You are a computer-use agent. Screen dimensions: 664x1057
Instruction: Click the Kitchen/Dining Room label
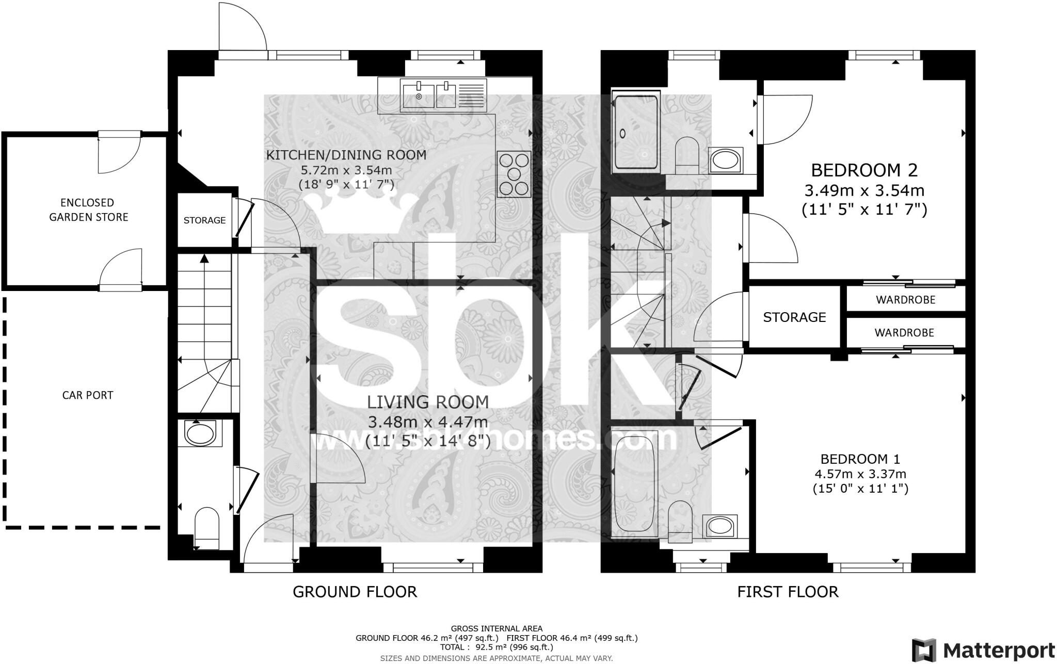[346, 155]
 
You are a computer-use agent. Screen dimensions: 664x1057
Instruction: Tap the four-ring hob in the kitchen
[514, 174]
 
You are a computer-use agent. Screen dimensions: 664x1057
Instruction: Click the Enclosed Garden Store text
[88, 210]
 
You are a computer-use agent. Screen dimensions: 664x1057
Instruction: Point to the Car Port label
[87, 395]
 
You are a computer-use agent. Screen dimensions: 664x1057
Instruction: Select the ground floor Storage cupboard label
[204, 220]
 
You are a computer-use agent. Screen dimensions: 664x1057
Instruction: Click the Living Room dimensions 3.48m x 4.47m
[428, 422]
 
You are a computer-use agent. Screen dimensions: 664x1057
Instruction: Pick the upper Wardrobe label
[905, 300]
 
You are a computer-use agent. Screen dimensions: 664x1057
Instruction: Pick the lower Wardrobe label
[904, 333]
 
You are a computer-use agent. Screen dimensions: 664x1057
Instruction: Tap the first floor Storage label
[794, 317]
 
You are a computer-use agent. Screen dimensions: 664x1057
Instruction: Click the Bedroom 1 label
[860, 459]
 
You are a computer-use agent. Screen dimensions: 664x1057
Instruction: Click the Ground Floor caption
[355, 592]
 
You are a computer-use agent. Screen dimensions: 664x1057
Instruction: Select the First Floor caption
[788, 592]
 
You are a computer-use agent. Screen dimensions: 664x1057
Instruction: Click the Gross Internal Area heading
[497, 628]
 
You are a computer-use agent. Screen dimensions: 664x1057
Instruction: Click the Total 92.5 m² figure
[497, 647]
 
